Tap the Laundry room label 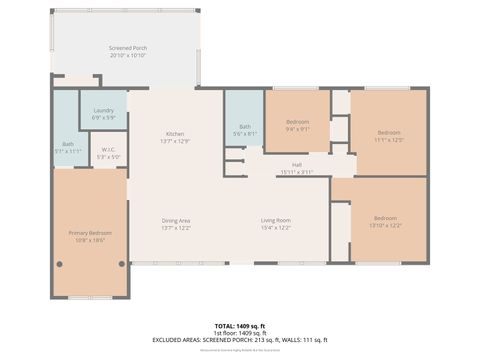(x=103, y=110)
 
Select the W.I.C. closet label (x=108, y=151)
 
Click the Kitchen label (x=175, y=134)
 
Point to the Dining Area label (x=176, y=220)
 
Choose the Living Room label (x=275, y=220)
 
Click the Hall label (x=297, y=165)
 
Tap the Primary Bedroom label (x=89, y=233)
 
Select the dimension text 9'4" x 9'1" (x=297, y=128)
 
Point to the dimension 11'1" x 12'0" (x=388, y=139)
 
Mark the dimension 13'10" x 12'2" (x=387, y=225)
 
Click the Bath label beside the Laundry (x=68, y=143)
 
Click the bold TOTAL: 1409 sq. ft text (x=239, y=326)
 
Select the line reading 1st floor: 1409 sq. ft (x=239, y=333)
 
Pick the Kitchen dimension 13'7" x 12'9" (x=175, y=140)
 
